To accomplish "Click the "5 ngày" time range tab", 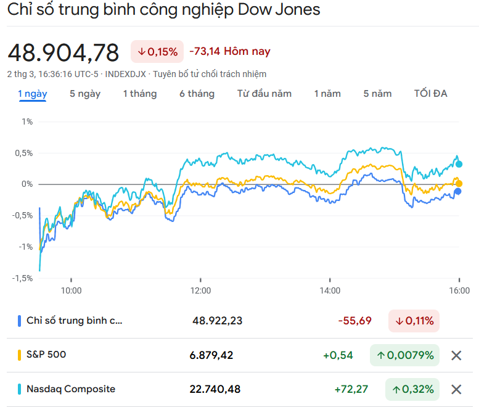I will click(x=85, y=94).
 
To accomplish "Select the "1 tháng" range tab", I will click(x=140, y=94).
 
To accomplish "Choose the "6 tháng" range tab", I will click(x=197, y=94).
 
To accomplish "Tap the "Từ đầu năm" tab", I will click(x=264, y=94).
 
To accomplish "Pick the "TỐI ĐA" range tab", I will click(x=431, y=94).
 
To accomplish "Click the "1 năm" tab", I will click(x=327, y=94).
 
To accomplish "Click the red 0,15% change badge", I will click(x=157, y=51).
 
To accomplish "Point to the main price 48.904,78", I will click(x=63, y=53).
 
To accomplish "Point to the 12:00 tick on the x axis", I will click(x=200, y=290).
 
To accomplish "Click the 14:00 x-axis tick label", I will click(x=330, y=290).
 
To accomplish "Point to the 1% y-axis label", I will click(x=27, y=121).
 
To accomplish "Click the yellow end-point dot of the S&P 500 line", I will click(x=459, y=184).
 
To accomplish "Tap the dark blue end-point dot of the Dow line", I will click(x=458, y=192).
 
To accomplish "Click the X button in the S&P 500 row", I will click(x=456, y=355).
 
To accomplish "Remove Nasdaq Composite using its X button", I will click(x=456, y=389).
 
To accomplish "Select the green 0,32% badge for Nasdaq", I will click(x=412, y=389).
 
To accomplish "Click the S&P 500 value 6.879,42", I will click(x=211, y=355).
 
